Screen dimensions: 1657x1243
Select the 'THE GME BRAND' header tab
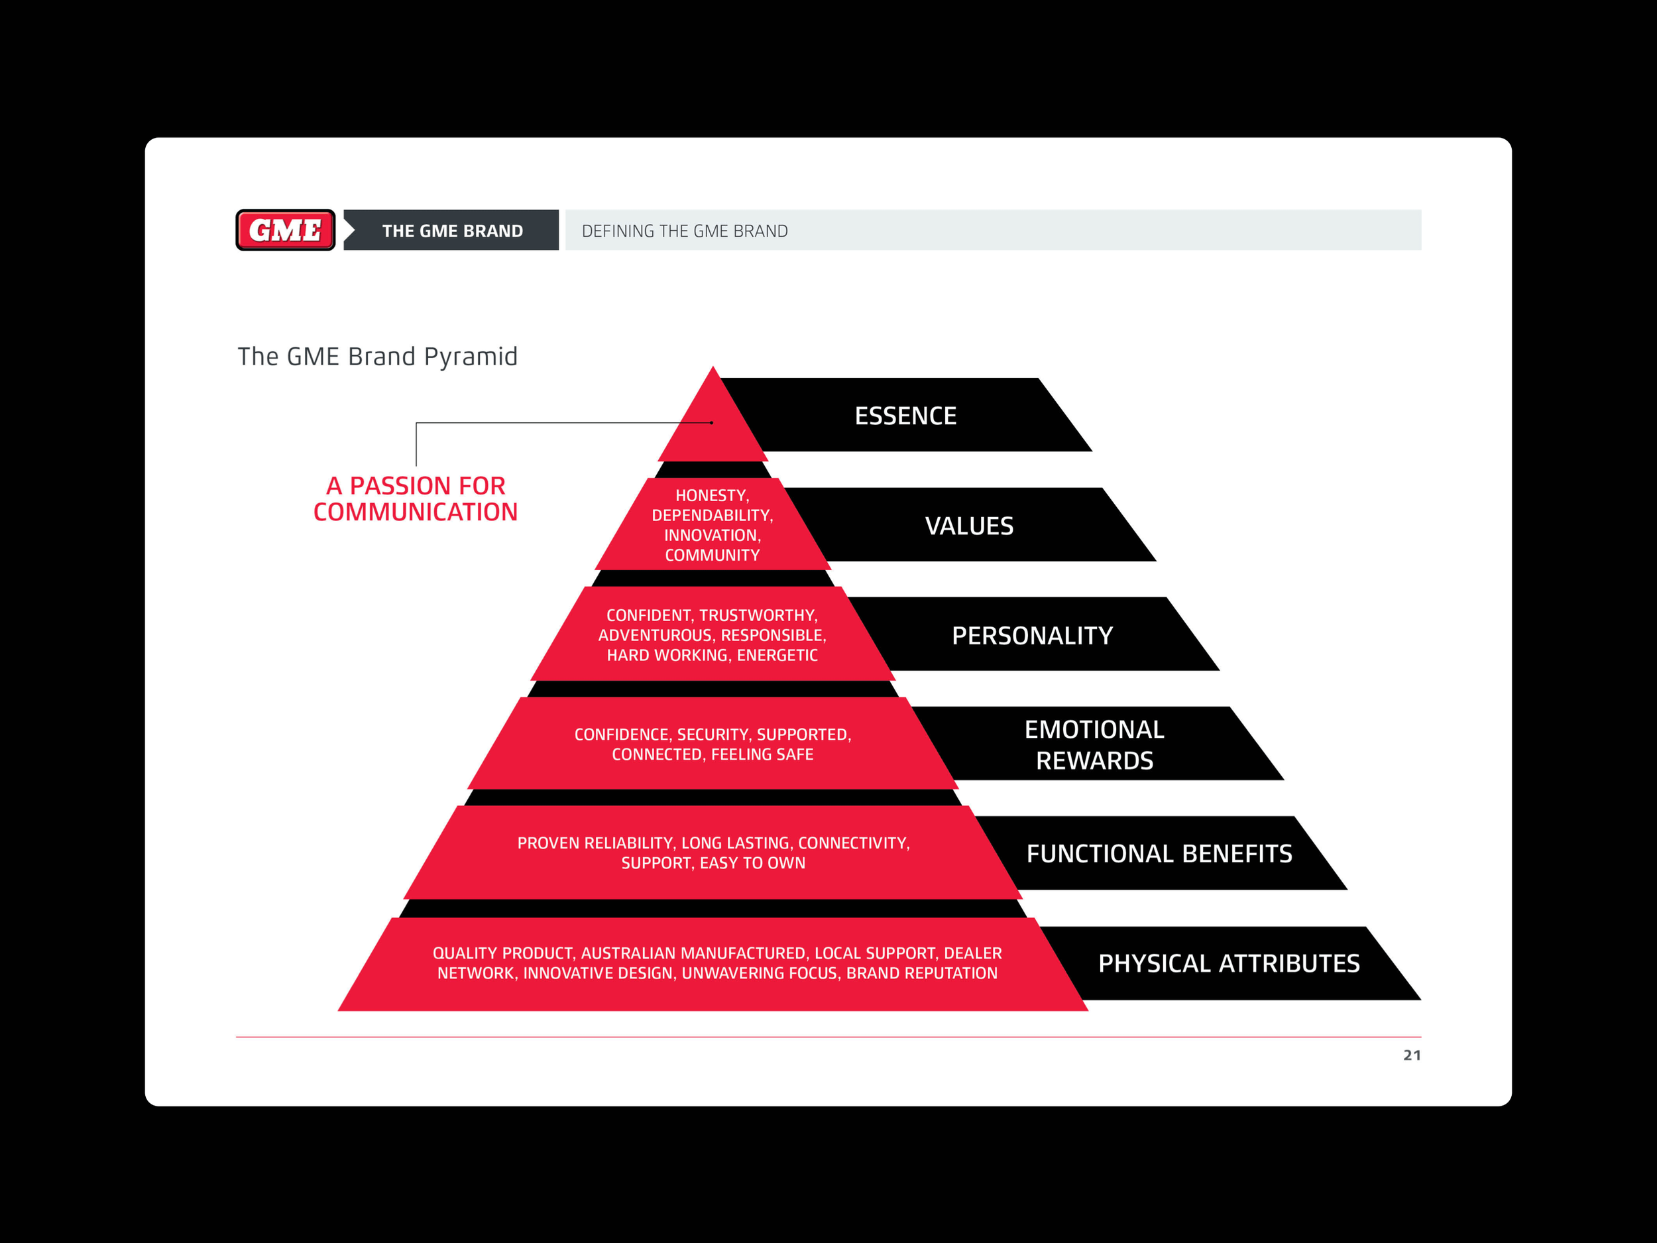click(x=452, y=231)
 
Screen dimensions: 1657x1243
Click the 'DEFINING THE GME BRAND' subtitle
click(x=685, y=231)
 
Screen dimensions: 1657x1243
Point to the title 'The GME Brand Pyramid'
click(x=378, y=357)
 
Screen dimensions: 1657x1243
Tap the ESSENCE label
click(x=905, y=416)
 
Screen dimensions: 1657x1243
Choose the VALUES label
click(x=968, y=526)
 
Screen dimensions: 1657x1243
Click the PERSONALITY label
click(x=1031, y=635)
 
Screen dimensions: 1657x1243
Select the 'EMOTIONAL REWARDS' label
click(x=1094, y=744)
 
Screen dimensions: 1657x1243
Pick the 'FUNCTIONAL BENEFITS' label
click(x=1159, y=853)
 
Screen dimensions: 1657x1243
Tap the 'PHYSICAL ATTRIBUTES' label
click(x=1229, y=963)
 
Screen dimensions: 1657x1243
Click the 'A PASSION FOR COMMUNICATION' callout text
click(x=416, y=499)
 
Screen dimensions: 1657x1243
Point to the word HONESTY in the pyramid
click(x=710, y=496)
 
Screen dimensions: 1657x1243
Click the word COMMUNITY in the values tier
click(x=713, y=555)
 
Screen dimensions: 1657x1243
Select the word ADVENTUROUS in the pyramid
click(x=654, y=635)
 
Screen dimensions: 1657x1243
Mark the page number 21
click(x=1411, y=1055)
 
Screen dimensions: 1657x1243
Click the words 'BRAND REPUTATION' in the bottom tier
click(x=921, y=973)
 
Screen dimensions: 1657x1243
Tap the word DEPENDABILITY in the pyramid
click(x=712, y=516)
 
